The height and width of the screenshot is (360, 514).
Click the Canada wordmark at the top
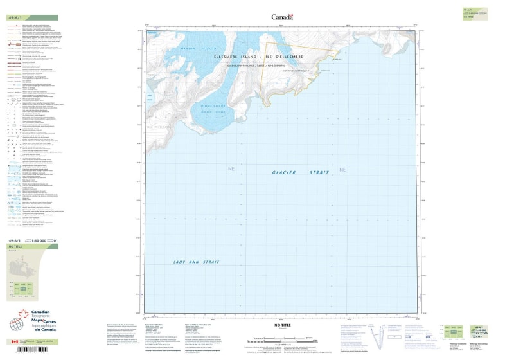tap(282, 17)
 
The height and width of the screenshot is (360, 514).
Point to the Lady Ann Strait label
tap(197, 262)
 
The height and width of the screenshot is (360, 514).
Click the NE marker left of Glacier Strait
tap(231, 169)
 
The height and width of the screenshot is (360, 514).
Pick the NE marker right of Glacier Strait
tap(342, 170)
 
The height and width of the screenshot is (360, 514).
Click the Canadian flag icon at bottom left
tap(14, 342)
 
